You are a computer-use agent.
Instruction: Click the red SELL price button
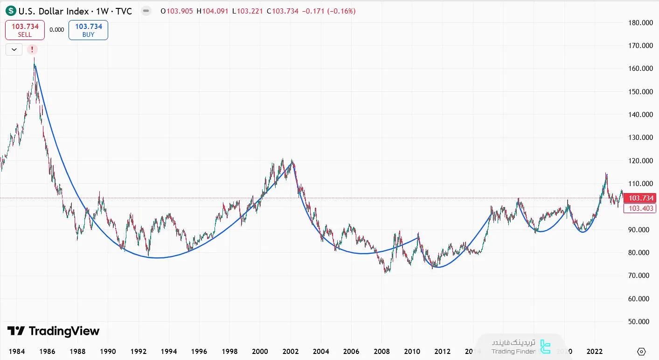(25, 30)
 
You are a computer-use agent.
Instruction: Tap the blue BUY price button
(88, 30)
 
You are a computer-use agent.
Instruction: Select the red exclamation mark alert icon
(32, 49)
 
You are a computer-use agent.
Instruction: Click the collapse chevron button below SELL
(14, 49)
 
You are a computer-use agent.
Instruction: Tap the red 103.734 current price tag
(641, 198)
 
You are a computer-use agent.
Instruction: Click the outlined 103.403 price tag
(641, 208)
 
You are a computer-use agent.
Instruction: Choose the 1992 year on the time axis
(138, 351)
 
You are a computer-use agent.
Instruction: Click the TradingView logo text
(53, 331)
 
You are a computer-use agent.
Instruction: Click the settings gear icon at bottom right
(641, 352)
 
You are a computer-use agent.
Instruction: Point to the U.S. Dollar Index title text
(53, 11)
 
